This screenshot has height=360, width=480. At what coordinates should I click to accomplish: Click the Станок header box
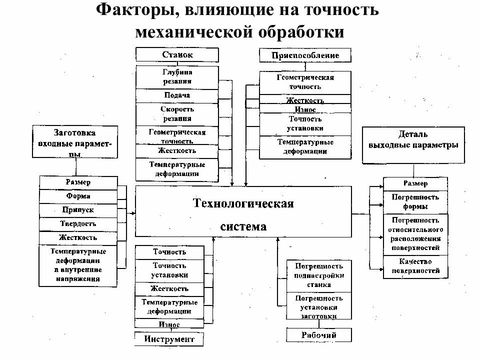coord(177,55)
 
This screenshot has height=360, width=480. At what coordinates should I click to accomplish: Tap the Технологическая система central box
coord(243,211)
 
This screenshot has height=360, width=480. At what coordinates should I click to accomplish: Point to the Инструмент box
coord(169,339)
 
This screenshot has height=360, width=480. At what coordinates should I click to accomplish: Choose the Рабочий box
coord(318,334)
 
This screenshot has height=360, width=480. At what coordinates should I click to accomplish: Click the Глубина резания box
coord(177,76)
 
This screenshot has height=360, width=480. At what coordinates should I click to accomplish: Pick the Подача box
coord(177,95)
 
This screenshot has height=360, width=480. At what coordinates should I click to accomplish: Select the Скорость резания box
coord(177,114)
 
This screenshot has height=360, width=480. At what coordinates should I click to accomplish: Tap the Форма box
coord(78,196)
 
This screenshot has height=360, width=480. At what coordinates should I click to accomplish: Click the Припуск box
coord(78,210)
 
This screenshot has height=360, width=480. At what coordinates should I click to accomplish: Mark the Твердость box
coord(78,224)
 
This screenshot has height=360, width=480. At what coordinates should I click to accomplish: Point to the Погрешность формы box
coord(415,202)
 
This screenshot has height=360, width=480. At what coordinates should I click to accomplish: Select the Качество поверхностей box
coord(415,266)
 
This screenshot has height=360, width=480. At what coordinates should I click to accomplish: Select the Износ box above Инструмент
coord(169,324)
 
